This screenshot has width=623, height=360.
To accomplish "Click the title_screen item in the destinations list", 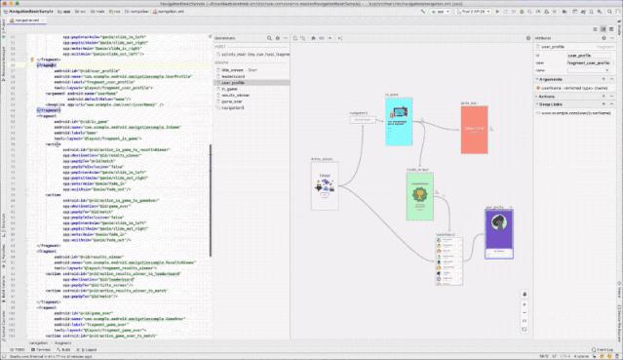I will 235,71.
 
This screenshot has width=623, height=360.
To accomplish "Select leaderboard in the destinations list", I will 233,77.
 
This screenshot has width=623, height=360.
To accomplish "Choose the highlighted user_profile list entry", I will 233,84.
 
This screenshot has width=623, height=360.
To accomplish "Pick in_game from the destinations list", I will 230,90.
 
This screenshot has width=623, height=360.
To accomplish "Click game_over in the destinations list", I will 232,102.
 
